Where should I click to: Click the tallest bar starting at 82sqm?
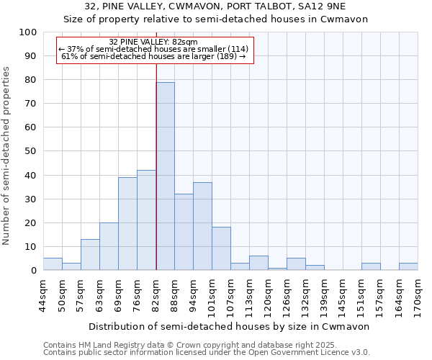click(165, 176)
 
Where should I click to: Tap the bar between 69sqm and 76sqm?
click(127, 224)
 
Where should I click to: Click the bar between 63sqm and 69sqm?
click(109, 246)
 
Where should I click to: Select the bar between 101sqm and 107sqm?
click(221, 249)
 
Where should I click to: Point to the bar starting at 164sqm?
click(408, 266)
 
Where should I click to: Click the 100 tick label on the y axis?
click(28, 32)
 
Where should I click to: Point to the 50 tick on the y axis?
click(31, 151)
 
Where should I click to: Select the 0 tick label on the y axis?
click(34, 271)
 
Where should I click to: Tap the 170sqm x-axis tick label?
click(418, 296)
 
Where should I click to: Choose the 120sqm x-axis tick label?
click(269, 296)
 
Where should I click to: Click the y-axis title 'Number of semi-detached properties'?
click(7, 156)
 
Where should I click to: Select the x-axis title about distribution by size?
click(230, 326)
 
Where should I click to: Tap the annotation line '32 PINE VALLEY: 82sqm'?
click(153, 42)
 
